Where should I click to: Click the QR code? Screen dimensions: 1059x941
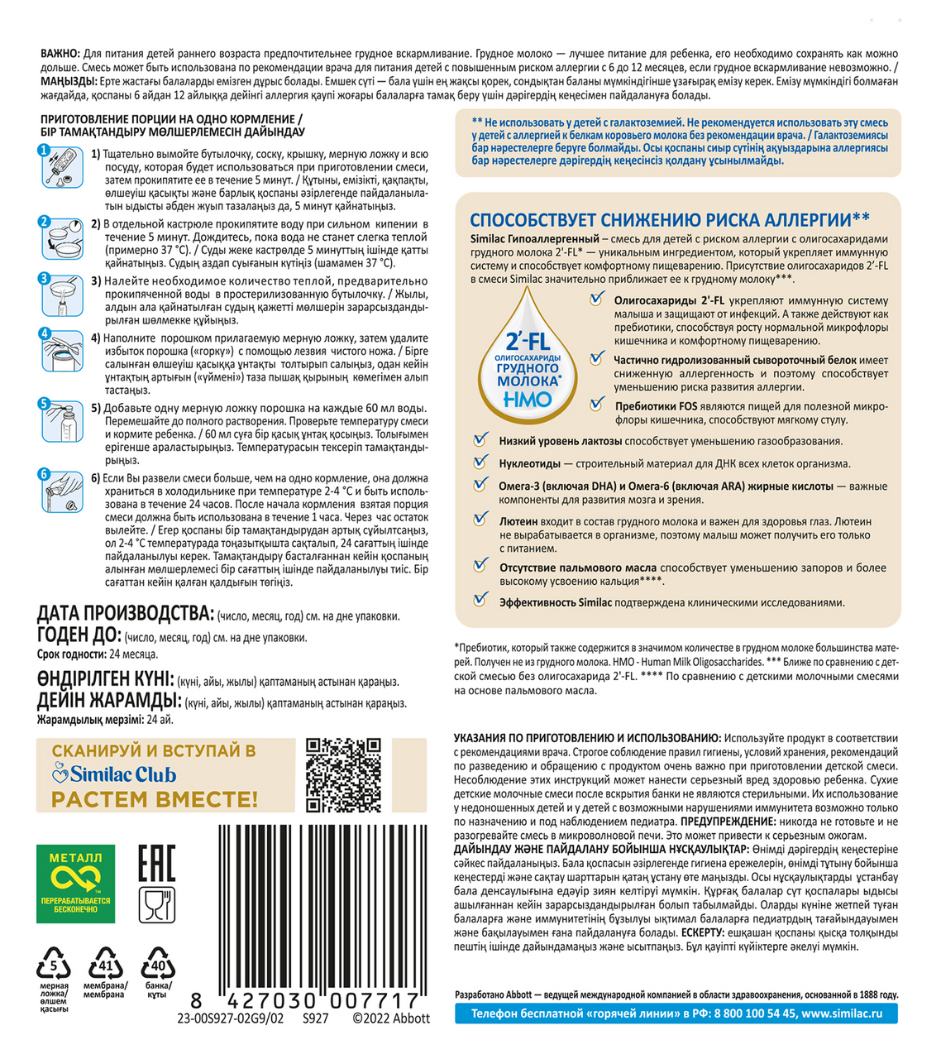click(343, 776)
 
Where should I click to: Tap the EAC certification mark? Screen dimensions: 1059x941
click(156, 863)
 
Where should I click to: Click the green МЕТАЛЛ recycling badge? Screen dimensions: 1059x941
click(75, 883)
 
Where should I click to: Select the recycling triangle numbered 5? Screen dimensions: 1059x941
click(54, 965)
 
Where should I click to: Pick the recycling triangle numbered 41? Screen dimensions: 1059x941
click(105, 965)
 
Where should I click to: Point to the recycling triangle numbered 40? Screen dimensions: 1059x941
click(157, 965)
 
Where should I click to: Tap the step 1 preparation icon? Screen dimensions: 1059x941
click(61, 168)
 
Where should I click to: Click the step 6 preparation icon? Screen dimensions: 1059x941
click(61, 491)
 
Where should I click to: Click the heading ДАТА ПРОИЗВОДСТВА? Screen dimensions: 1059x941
click(126, 614)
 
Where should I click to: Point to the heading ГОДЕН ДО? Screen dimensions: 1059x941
click(79, 635)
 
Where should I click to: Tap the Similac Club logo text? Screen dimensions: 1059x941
click(115, 775)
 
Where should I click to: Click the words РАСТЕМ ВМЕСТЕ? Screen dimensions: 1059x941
click(155, 800)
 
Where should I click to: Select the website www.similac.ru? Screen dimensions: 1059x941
click(842, 1013)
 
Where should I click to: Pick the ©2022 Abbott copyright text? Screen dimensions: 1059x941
click(391, 1018)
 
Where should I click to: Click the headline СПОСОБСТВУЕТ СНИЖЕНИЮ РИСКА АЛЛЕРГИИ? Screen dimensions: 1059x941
click(669, 220)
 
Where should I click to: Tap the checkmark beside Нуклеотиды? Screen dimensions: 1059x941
click(480, 462)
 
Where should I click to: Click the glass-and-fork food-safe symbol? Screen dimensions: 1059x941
click(156, 906)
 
